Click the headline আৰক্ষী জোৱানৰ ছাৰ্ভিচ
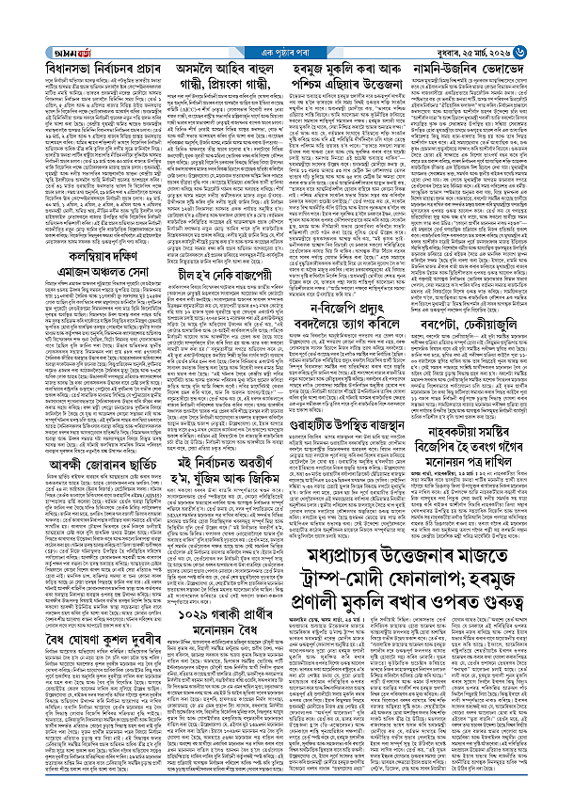pos(89,437)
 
